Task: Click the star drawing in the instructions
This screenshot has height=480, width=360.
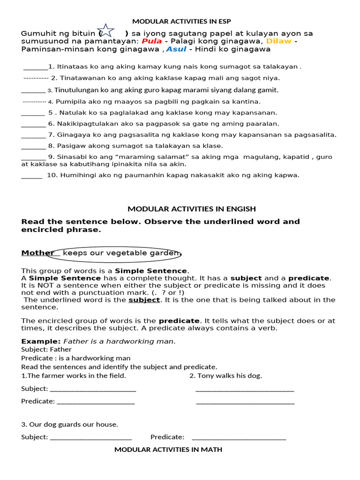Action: (106, 31)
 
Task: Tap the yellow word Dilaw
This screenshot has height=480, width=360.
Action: (279, 41)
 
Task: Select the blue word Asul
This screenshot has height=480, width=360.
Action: (176, 49)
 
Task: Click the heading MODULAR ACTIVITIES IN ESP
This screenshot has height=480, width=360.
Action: (181, 21)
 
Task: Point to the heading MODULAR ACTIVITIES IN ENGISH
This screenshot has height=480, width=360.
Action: (192, 209)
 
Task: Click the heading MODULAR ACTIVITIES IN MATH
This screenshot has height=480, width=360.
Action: (168, 450)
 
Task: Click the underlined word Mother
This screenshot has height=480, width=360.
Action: (37, 253)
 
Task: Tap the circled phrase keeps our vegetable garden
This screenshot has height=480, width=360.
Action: (121, 253)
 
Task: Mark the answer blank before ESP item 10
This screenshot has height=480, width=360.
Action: (32, 176)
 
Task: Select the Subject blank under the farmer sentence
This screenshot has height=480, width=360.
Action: (93, 389)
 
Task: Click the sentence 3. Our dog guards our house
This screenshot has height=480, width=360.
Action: (69, 425)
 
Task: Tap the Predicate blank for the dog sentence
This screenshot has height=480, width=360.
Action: (239, 437)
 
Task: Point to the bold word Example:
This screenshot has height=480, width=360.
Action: (41, 341)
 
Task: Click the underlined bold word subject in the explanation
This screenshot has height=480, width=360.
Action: (144, 300)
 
